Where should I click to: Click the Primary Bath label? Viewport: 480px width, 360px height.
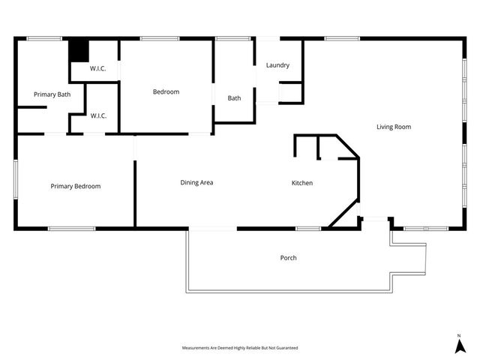[x=52, y=94]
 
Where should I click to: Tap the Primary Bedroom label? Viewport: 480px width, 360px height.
[x=76, y=186]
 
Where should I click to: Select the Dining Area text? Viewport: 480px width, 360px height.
[x=197, y=182]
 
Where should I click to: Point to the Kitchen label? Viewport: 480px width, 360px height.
[x=302, y=183]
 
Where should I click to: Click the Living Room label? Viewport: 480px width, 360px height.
[x=394, y=127]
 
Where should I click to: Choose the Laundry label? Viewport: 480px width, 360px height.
[x=277, y=65]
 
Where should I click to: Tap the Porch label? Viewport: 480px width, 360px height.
[x=289, y=258]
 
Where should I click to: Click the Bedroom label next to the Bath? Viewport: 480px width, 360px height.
[x=166, y=91]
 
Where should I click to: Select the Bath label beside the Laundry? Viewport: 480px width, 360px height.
[x=235, y=98]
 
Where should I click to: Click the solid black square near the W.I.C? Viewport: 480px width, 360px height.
[x=79, y=51]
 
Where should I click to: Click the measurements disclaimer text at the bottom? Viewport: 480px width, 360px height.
[x=240, y=348]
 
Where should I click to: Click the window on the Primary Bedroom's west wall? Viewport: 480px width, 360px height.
[x=16, y=179]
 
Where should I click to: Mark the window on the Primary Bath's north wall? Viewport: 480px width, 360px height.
[x=44, y=39]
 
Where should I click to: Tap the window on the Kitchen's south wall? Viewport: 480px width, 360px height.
[x=307, y=228]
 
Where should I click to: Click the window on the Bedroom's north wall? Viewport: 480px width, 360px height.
[x=154, y=39]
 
